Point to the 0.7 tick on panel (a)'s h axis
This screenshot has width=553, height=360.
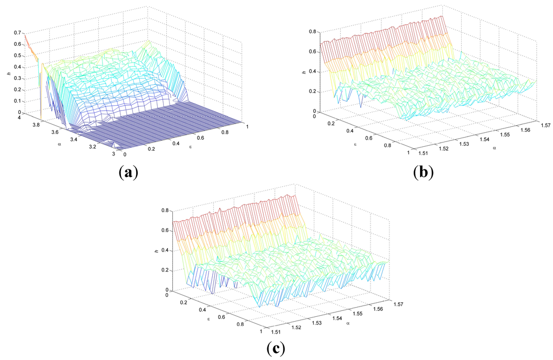[x=17, y=33]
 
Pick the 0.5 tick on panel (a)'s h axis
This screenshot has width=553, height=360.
[x=17, y=56]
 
